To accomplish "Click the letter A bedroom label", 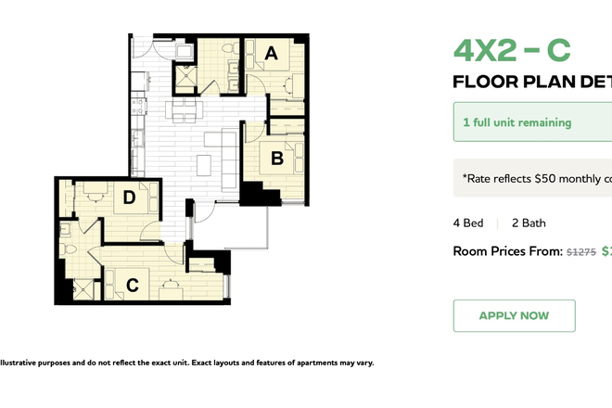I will click(271, 54).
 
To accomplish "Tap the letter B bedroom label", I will click(276, 159).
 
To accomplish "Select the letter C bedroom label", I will click(133, 286).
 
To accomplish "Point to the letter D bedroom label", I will click(129, 197).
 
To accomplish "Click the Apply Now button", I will click(514, 315).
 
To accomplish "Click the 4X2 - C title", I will click(512, 50).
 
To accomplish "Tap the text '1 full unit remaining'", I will click(517, 122).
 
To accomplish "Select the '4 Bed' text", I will click(467, 223).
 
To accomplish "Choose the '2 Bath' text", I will click(529, 223).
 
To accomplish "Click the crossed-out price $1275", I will click(580, 251).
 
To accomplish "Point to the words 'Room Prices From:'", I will click(506, 251).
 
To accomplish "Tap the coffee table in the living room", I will click(204, 164).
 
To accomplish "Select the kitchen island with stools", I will click(182, 111).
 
